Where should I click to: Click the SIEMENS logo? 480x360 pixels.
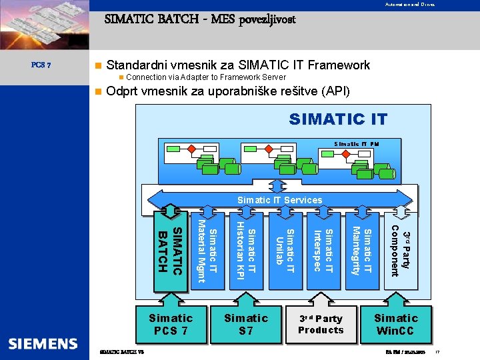43,344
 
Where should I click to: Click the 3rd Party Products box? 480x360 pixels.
321,324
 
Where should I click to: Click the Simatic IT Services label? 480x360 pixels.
279,200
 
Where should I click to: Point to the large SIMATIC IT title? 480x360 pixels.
337,120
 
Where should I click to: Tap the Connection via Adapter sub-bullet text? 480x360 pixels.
197,78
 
